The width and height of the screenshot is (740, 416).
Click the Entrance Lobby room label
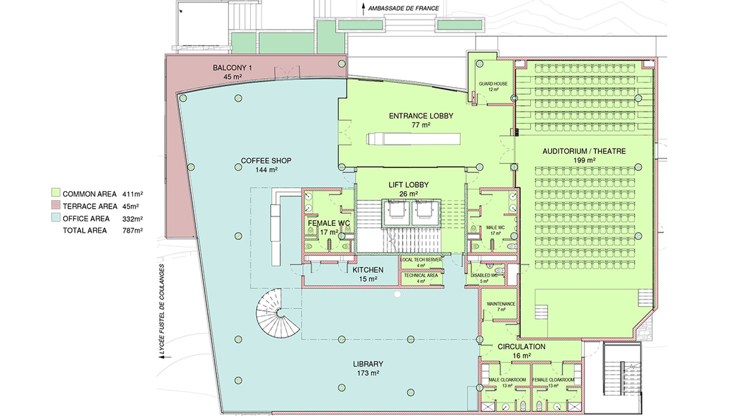[x=421, y=116]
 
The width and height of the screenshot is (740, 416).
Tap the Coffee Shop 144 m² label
[x=266, y=161]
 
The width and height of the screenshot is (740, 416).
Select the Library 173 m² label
[x=368, y=364]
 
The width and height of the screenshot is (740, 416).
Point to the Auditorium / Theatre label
[x=584, y=151]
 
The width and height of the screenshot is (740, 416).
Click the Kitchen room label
[x=368, y=270]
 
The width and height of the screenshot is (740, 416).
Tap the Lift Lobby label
[x=408, y=185]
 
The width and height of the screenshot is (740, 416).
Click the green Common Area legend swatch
[x=56, y=193]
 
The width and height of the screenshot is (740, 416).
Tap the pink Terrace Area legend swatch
[x=56, y=206]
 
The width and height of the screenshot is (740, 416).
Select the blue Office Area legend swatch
[x=56, y=218]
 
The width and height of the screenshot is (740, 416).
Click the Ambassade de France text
[x=404, y=9]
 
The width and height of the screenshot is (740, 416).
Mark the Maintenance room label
[x=501, y=304]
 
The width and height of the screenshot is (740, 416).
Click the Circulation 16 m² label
[x=521, y=347]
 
